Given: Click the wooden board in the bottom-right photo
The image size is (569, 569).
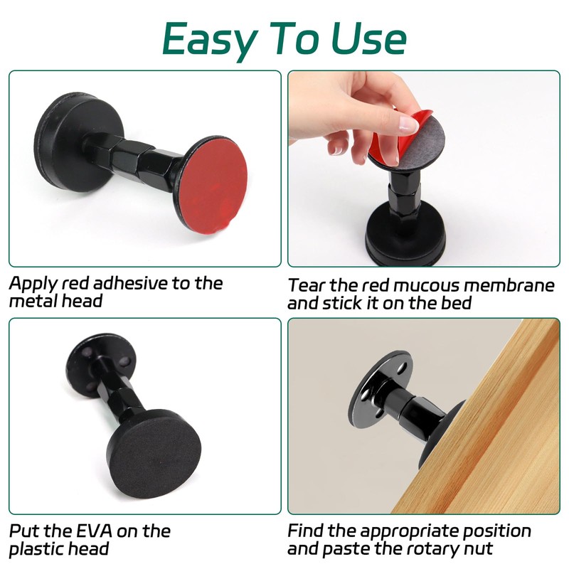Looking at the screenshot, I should [x=491, y=427].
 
